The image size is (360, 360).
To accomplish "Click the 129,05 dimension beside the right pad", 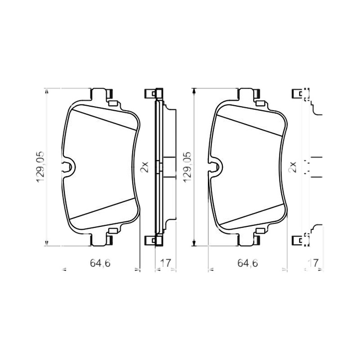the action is tap(187, 167).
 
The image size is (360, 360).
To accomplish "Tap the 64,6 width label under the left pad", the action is tap(100, 263).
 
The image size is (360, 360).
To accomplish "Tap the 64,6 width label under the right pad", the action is tap(247, 263).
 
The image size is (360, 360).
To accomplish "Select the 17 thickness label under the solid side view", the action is tap(166, 263).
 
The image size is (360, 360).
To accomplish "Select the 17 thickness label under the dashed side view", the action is tap(313, 263).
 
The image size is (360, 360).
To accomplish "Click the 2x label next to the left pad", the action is tap(144, 167).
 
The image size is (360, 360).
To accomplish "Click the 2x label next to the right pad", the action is tap(292, 167).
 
